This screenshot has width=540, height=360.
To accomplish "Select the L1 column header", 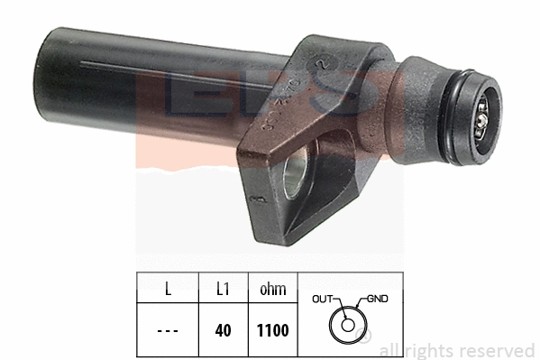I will (224, 290).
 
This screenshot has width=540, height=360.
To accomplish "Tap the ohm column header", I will (272, 290).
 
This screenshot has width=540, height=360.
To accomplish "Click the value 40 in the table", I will (224, 330).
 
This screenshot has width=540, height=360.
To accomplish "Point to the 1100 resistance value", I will (272, 330).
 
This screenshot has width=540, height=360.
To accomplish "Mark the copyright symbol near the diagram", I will (366, 337).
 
